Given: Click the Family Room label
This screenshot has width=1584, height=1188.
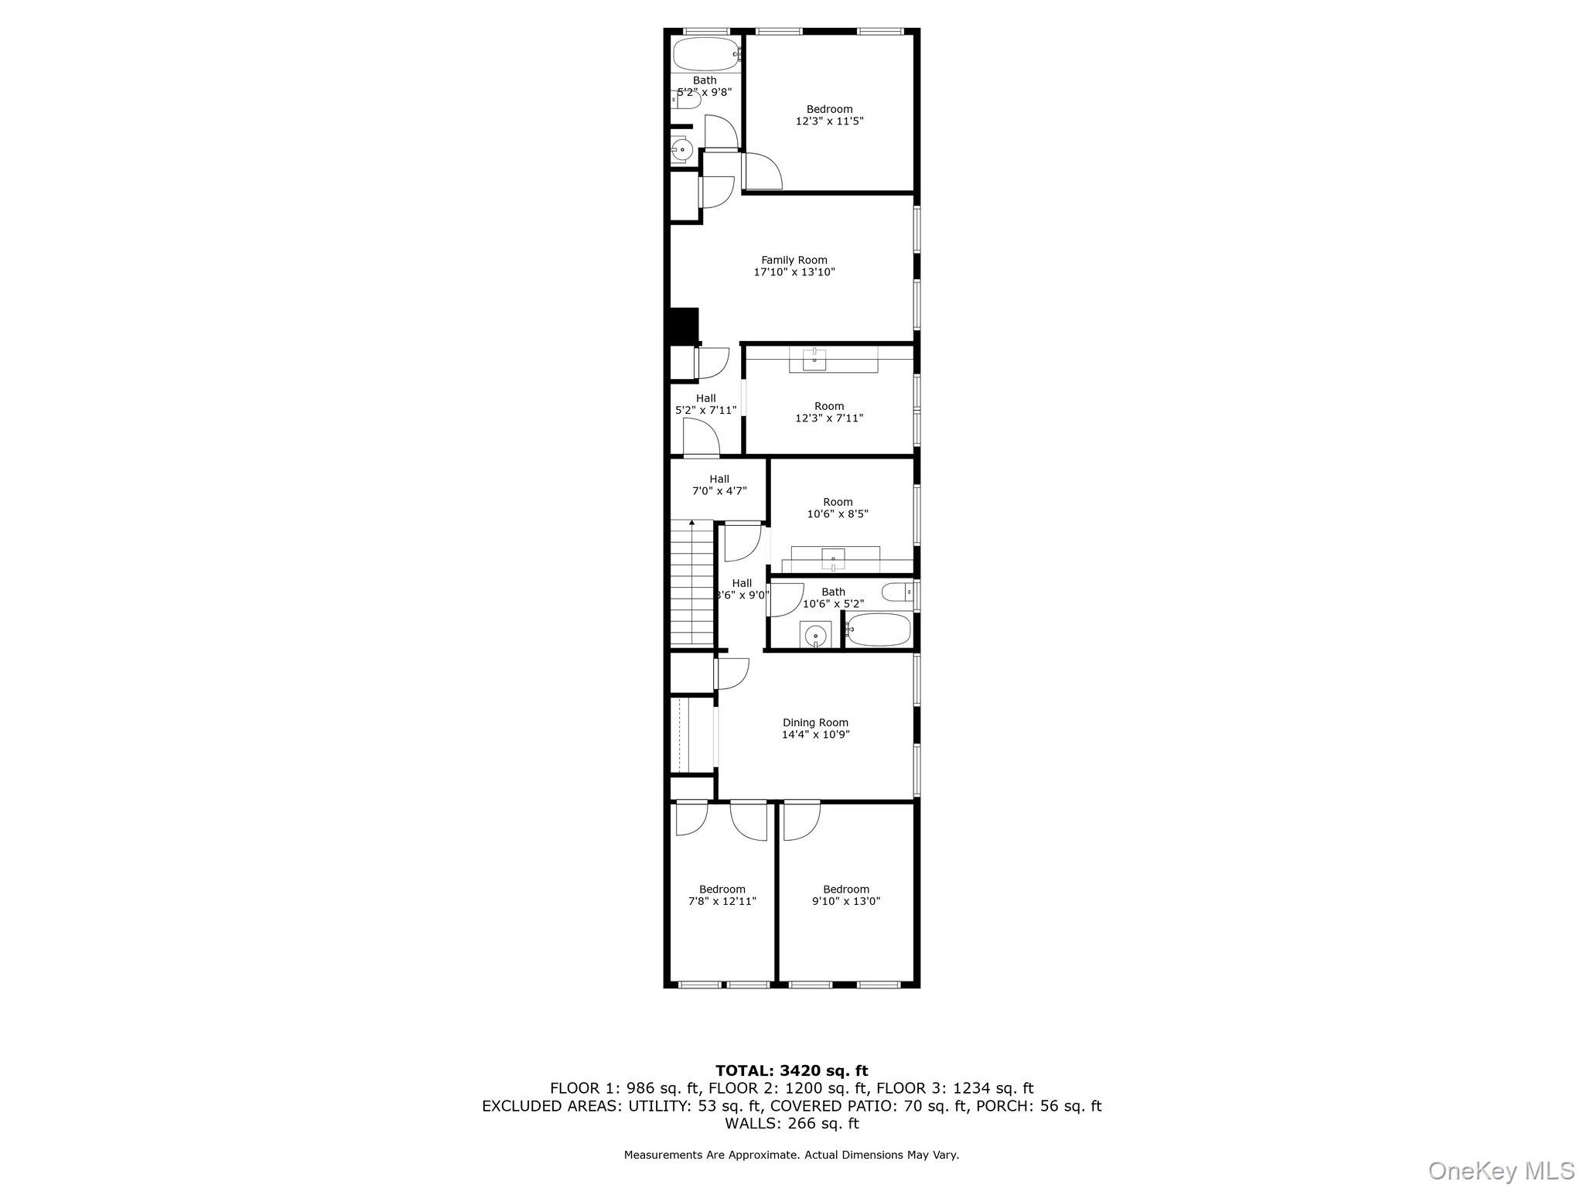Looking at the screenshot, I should pos(794,261).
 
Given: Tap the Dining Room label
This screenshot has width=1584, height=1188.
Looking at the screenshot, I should pos(815,723).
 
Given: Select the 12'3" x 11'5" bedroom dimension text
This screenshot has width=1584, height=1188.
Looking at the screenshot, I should pos(829,121).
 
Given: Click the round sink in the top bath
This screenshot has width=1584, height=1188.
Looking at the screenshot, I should pos(681,150).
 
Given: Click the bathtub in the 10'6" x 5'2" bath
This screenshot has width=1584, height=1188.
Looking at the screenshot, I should pos(879,630).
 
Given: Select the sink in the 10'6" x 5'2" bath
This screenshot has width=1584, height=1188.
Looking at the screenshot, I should pos(814,636).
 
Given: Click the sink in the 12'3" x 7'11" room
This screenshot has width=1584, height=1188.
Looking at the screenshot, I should pos(814,359).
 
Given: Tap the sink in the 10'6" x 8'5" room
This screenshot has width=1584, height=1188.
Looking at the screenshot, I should pos(834,557).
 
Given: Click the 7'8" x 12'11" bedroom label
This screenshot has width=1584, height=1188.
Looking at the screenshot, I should pos(722,889).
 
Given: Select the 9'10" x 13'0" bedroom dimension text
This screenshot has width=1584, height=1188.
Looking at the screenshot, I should pos(846,901).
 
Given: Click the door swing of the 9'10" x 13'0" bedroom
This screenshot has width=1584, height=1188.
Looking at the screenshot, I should pos(800,822).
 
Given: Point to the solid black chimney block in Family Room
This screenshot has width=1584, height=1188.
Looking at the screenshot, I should pos(683,326).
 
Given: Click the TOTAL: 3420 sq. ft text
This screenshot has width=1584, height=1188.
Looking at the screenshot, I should pos(791,1071).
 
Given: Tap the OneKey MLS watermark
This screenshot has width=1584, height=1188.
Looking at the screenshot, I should pos(1500,1170).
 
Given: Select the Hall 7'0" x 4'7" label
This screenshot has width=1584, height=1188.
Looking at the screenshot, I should pos(719,485).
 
